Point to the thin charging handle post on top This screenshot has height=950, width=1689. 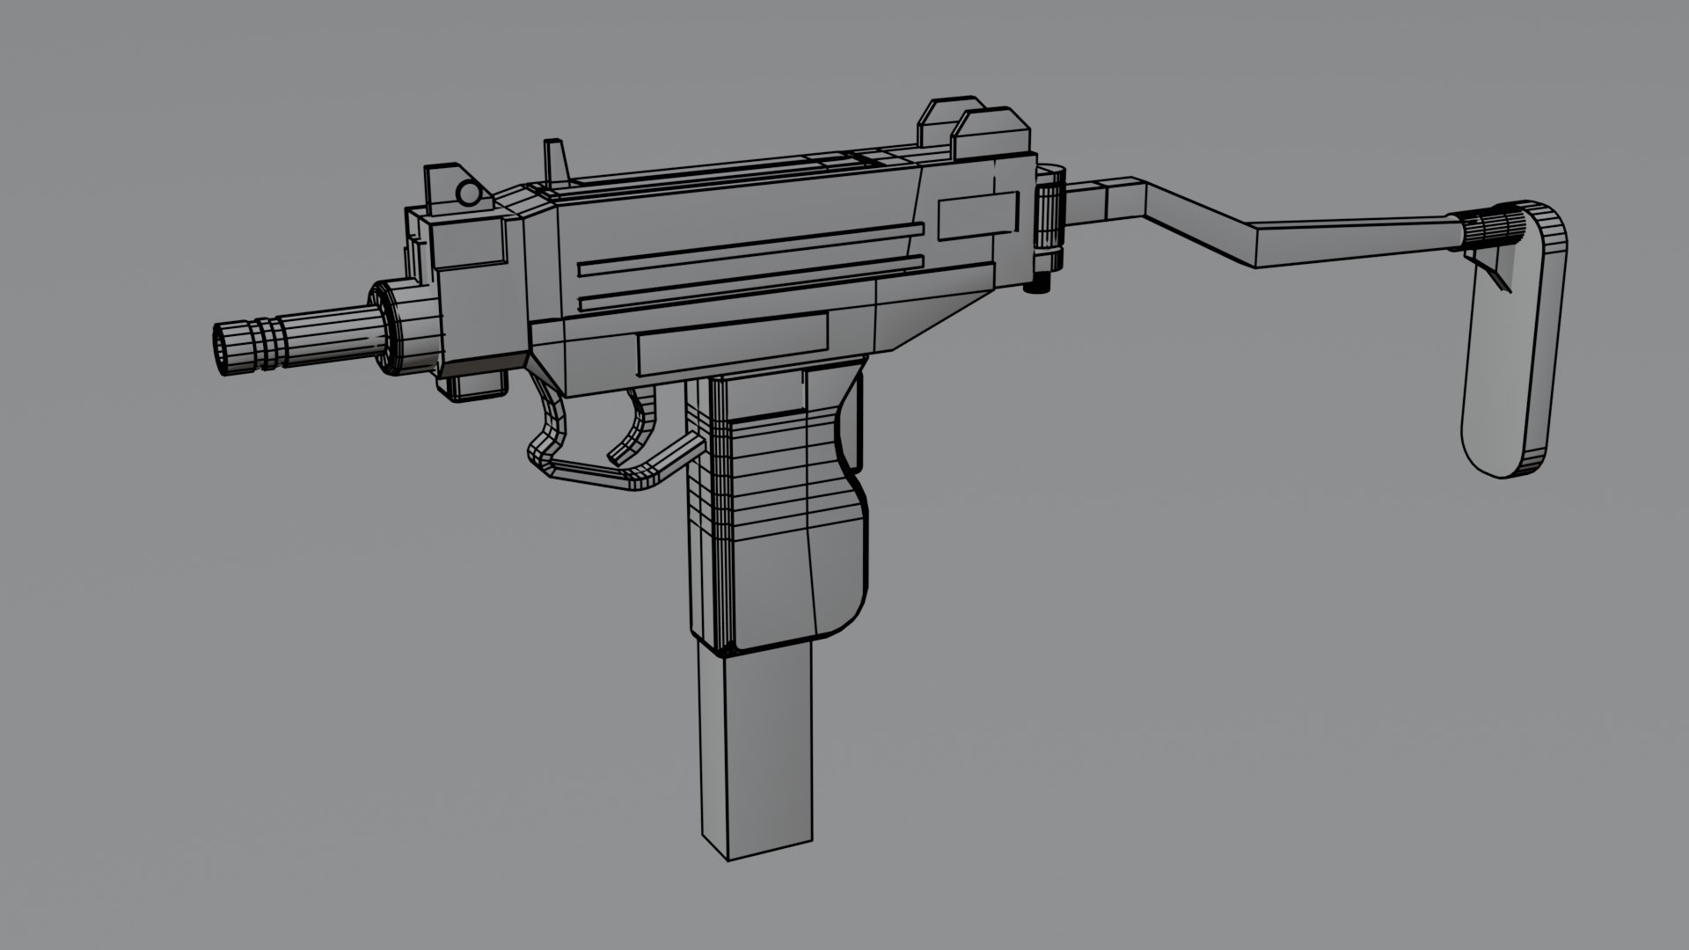coord(555,162)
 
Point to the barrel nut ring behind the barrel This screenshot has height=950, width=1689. coord(400,327)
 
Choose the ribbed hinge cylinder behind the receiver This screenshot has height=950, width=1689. coord(1049,216)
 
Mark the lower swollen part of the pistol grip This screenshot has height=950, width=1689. coord(792,581)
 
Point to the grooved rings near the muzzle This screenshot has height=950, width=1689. coord(264,339)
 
